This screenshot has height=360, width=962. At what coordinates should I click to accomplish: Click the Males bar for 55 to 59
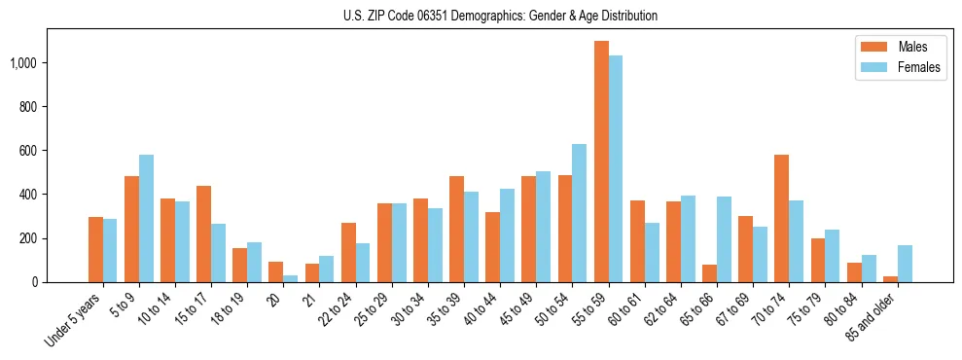[601, 162]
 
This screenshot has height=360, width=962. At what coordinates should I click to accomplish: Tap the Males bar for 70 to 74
[782, 218]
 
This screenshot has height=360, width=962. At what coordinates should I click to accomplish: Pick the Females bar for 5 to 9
[146, 218]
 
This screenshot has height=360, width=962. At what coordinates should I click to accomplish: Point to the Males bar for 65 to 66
[710, 273]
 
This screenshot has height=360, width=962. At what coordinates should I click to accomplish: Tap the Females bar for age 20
[291, 278]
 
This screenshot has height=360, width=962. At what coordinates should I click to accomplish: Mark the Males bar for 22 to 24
[348, 252]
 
